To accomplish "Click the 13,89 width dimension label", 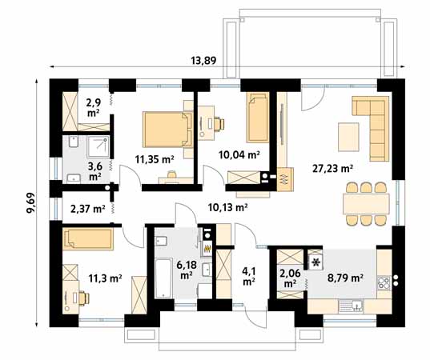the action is point(203,60).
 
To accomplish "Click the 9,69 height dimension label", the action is point(30,202).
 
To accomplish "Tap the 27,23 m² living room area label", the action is point(332,169).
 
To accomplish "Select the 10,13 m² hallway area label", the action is point(228,207).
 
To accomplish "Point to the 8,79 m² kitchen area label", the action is point(346,278).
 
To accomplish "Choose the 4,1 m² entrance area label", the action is point(249,276).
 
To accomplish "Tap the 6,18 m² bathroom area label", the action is point(187,270).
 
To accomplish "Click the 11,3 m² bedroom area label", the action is point(105,278).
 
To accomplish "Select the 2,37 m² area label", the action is point(87,209).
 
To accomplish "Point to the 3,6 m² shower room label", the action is point(94,171).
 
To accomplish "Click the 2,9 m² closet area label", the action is point(93,108).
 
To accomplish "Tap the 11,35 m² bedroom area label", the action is point(155,159).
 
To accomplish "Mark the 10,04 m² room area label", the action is point(239,154).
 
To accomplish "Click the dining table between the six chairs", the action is point(366,203).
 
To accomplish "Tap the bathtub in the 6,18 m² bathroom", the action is point(163,278).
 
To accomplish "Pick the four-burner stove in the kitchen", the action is point(384,283).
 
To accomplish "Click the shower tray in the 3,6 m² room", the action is point(98,147).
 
